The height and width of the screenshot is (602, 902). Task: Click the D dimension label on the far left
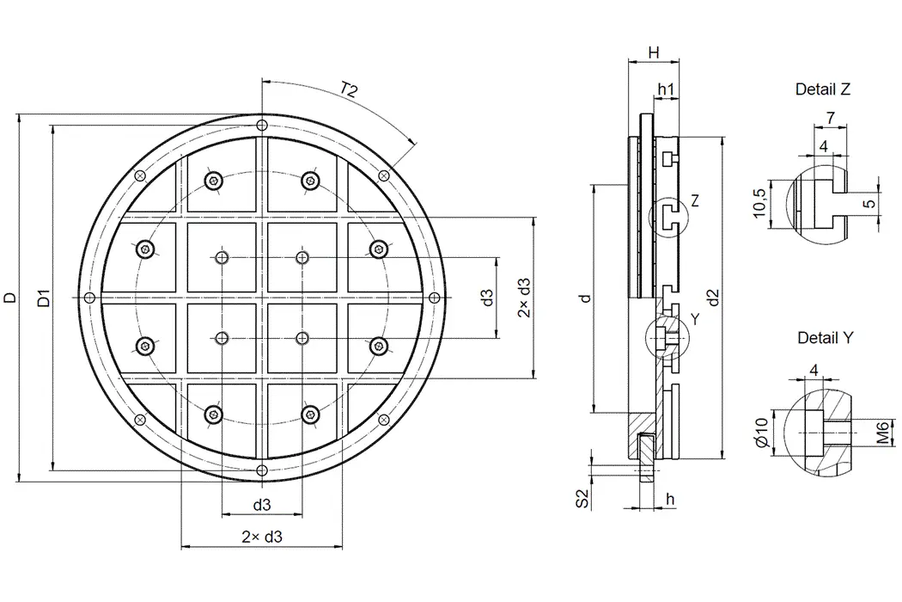click(9, 298)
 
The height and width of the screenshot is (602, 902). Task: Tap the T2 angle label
click(349, 89)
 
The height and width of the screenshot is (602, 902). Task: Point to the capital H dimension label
click(654, 53)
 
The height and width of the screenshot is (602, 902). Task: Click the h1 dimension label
click(666, 89)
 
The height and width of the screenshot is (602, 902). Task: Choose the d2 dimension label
click(712, 298)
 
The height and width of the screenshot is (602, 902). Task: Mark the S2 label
click(582, 498)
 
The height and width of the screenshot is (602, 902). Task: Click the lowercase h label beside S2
click(670, 499)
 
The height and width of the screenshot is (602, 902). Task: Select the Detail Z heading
click(823, 89)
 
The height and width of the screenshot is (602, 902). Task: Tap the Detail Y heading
click(825, 338)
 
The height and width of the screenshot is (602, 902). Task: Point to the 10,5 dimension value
click(759, 204)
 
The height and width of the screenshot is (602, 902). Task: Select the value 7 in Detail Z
click(831, 116)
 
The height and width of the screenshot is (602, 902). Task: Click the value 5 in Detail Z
click(868, 204)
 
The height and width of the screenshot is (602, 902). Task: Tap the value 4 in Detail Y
click(814, 371)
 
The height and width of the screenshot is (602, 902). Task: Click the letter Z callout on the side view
click(694, 200)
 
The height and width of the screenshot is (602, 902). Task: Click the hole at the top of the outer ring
click(262, 126)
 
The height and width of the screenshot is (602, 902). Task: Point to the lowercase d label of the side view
click(584, 298)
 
